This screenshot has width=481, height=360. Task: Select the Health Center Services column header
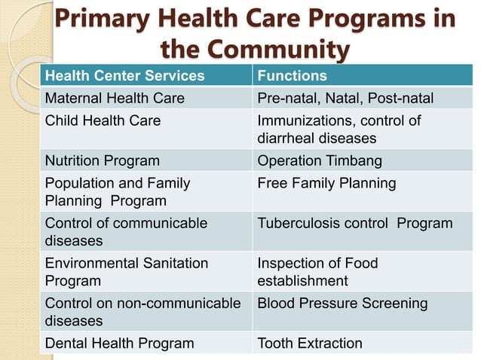pos(124,76)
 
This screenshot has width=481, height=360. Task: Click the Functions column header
pos(293,76)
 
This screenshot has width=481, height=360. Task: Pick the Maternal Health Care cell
pos(115,99)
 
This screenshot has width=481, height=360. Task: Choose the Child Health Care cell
pos(103,121)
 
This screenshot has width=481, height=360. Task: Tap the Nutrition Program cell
pos(103,160)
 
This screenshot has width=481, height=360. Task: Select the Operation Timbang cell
pos(320,160)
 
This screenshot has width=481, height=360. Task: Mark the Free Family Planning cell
pos(326,183)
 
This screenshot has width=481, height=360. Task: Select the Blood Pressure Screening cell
pos(342,304)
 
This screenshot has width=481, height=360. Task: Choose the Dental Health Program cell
pos(119,343)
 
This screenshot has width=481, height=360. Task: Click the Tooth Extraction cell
pos(310,343)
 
